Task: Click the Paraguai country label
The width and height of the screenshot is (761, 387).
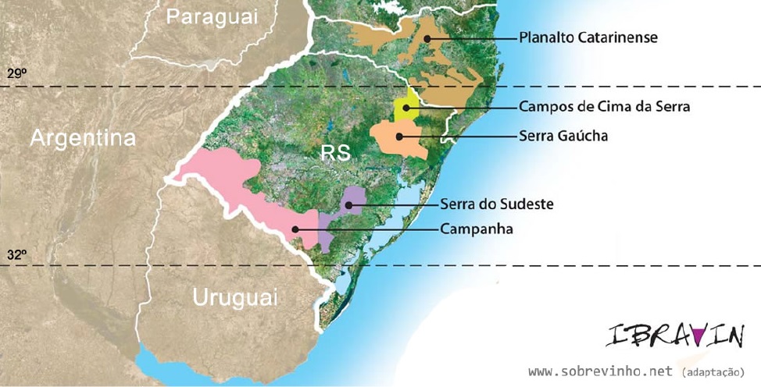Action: click(213, 16)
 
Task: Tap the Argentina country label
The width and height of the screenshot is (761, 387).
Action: click(83, 138)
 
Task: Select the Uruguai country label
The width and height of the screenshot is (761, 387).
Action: click(234, 297)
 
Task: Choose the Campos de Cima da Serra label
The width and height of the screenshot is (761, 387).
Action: click(604, 107)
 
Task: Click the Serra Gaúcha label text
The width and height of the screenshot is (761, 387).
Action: click(563, 136)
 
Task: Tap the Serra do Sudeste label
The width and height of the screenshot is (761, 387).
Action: click(496, 204)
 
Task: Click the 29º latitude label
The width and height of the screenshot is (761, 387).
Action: click(17, 73)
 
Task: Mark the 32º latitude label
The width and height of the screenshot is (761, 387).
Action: click(17, 254)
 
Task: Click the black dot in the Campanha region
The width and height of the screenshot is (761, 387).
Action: click(295, 229)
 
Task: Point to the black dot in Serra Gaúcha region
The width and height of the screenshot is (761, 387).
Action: click(399, 136)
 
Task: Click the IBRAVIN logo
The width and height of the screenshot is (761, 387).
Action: click(674, 336)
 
